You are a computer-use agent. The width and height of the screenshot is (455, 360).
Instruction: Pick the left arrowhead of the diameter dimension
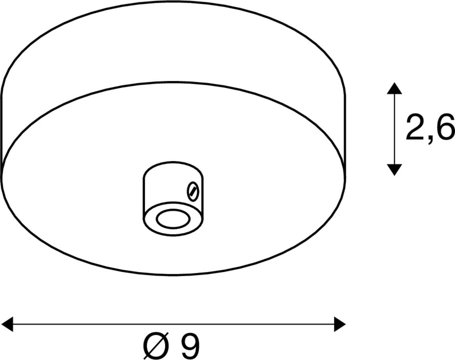7,324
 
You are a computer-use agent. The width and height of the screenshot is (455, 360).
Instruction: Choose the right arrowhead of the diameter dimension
340,324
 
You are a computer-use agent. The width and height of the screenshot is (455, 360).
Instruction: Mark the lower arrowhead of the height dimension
394,170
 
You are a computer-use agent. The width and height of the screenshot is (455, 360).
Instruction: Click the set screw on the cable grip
192,191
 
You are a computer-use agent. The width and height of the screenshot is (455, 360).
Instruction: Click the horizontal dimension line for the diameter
174,324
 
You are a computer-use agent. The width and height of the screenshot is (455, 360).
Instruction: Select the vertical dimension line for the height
394,129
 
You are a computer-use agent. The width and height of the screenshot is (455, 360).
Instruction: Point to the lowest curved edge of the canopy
174,274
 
